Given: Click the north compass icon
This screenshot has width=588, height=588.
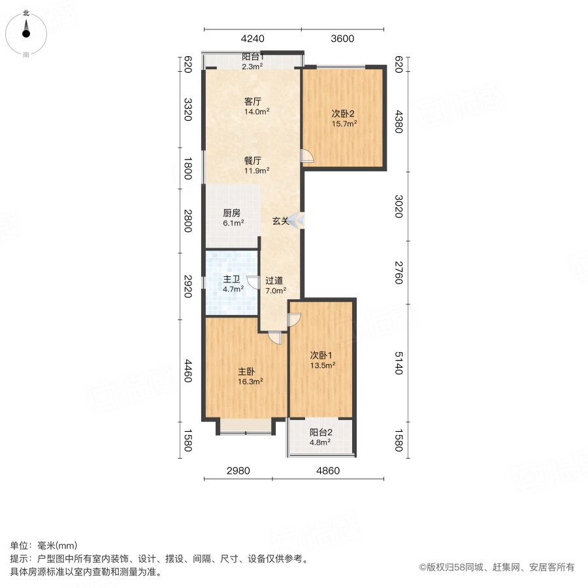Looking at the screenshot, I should coord(26,31).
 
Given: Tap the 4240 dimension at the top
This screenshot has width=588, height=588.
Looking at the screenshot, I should coord(252,39).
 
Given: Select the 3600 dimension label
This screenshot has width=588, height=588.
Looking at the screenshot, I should coord(342,39).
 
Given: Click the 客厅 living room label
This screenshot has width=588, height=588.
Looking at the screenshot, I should coord(253,102).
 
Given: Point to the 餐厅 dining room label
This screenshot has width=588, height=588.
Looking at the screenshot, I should coord(253,161).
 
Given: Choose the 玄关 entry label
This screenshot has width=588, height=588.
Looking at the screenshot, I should coord(280,221).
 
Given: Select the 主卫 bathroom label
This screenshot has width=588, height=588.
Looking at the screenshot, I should coord(233,280).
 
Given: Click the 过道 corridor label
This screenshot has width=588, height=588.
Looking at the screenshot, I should coord(274,281).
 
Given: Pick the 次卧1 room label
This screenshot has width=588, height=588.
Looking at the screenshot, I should coord(321,355).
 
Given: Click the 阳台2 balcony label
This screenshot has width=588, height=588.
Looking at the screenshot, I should coord(321,433).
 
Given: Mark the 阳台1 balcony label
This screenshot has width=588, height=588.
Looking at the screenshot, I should coord(252,57).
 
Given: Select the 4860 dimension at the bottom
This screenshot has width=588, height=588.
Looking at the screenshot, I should coord(328,471).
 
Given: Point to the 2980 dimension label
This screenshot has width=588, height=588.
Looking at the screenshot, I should coord(238,471).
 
